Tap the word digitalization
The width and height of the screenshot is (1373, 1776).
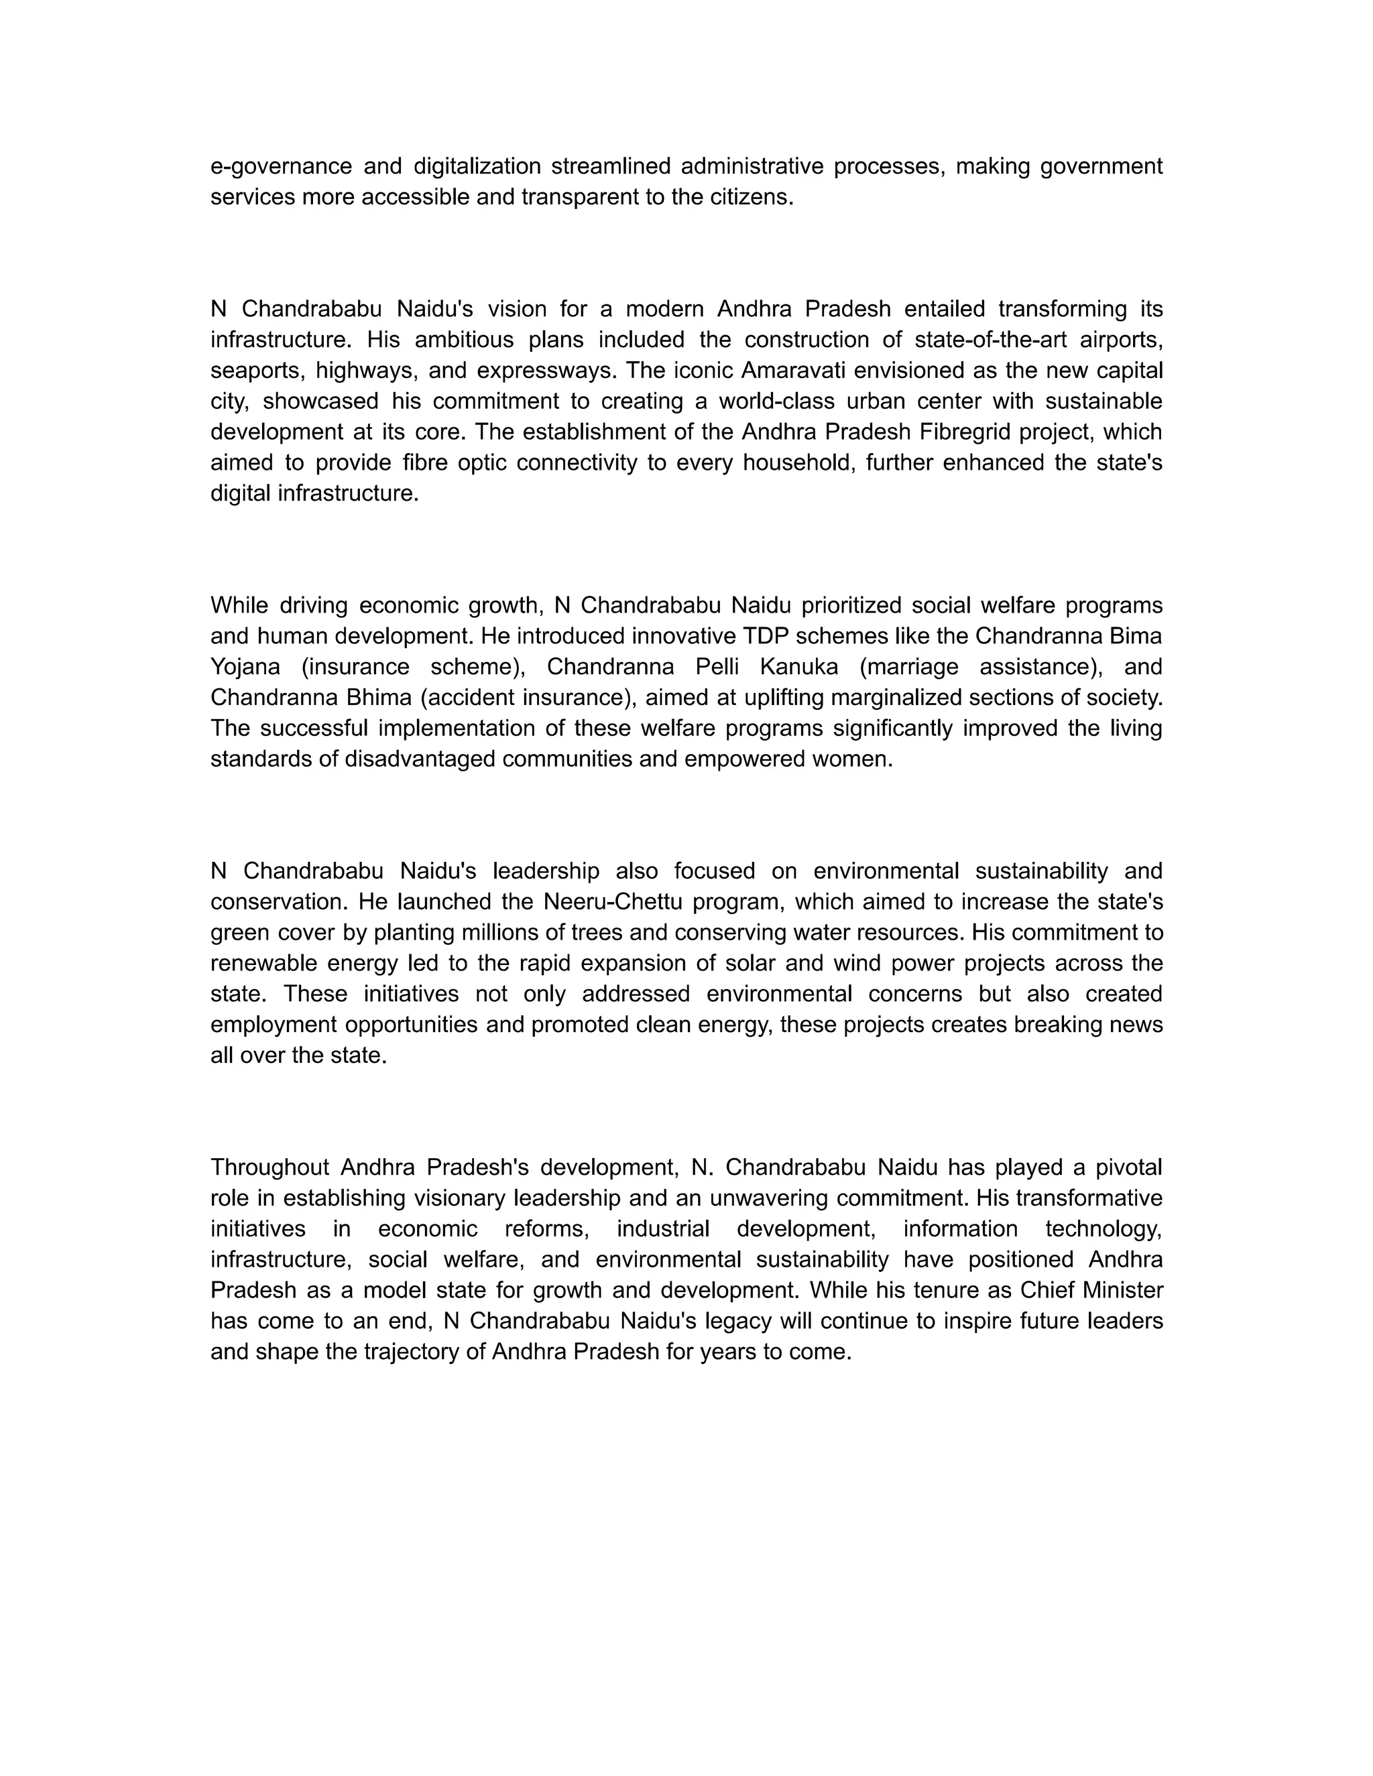coord(477,167)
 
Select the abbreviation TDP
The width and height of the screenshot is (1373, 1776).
coord(763,635)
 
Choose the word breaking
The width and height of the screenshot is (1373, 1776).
coord(1057,1025)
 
